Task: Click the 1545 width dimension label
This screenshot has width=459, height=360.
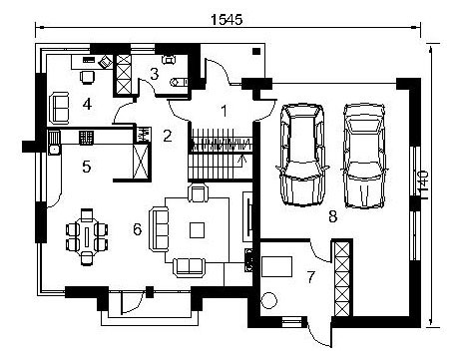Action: click(x=227, y=20)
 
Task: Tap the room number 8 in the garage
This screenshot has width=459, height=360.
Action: click(x=332, y=217)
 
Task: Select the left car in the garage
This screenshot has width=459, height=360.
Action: click(x=302, y=155)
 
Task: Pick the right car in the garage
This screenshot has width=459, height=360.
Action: click(x=364, y=156)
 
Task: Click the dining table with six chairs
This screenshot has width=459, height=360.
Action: click(x=87, y=236)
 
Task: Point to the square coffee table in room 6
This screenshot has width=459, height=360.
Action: click(x=197, y=230)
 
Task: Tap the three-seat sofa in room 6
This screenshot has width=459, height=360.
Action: click(x=159, y=228)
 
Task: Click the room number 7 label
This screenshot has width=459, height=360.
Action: click(x=310, y=277)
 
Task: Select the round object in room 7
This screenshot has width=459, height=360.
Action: click(x=268, y=300)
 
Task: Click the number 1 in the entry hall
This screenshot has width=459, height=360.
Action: click(x=225, y=111)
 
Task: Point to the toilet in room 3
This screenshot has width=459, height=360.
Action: click(x=179, y=82)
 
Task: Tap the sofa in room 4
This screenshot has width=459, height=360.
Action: click(x=59, y=108)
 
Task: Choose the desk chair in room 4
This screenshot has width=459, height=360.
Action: click(x=88, y=77)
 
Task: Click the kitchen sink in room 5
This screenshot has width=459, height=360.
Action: click(x=54, y=151)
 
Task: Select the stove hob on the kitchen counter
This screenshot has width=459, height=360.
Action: click(x=87, y=138)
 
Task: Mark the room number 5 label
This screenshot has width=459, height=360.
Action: click(x=87, y=167)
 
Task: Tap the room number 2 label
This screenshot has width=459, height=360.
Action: click(x=167, y=136)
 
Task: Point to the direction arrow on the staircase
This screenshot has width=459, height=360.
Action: click(x=243, y=160)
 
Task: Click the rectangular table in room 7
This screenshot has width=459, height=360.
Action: click(x=276, y=266)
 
